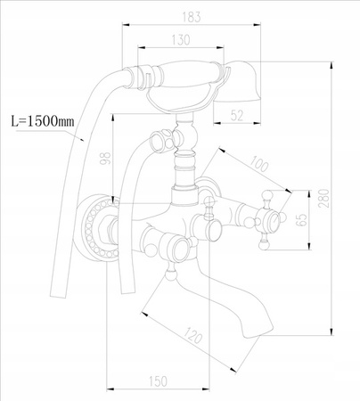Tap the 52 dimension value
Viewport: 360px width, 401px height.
point(236,114)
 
